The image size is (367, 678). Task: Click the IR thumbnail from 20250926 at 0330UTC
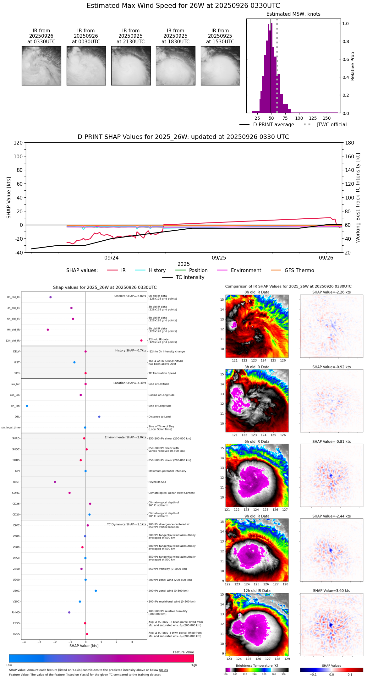(x=41, y=66)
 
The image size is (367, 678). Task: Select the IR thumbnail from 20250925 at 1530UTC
(x=220, y=66)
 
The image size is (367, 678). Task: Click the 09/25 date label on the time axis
(x=219, y=258)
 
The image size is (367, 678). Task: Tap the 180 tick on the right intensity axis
(x=350, y=143)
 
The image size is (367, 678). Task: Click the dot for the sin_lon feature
(x=27, y=406)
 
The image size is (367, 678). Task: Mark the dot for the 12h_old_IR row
(x=141, y=341)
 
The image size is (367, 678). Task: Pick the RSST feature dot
(x=55, y=482)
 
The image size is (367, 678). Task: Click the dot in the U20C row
(x=96, y=591)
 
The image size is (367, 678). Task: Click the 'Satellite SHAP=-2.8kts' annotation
(x=130, y=296)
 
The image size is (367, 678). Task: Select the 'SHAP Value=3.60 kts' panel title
(x=331, y=591)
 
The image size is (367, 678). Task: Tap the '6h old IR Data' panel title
(x=257, y=441)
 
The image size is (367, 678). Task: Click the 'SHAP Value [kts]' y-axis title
(x=9, y=198)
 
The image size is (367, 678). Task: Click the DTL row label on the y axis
(x=17, y=417)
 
